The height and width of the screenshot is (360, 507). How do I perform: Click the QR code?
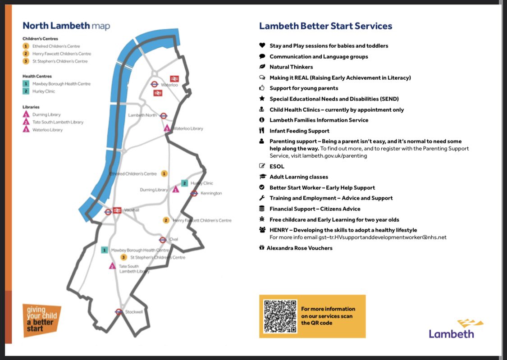coord(280,316)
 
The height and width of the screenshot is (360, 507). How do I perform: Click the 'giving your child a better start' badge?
coord(41,320)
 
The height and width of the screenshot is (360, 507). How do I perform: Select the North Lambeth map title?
coord(66,26)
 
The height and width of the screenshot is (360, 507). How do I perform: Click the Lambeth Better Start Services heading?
coord(325,26)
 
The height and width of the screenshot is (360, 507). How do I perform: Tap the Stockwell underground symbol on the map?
coord(119,311)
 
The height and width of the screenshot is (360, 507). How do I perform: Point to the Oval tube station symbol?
coord(163,240)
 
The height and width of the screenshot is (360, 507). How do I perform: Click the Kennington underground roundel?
coord(194,193)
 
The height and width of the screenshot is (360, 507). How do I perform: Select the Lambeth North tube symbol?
coord(164,115)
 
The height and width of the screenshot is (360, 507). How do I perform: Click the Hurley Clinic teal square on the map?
coord(184,183)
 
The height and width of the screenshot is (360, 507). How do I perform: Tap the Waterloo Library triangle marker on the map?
coord(167,128)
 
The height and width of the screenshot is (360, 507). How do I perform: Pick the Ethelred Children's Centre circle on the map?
coord(164,173)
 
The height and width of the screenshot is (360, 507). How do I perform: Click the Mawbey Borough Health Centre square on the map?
coord(105,250)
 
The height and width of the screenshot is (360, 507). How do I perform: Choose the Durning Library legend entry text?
coord(46,115)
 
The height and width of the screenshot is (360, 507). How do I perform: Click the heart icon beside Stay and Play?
coord(262,46)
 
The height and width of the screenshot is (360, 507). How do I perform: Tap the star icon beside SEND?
coord(262,99)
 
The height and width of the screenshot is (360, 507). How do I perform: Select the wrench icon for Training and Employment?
coord(262,198)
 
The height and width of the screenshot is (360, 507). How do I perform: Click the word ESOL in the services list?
coord(277,166)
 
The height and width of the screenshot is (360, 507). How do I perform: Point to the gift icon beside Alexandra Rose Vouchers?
coord(261,247)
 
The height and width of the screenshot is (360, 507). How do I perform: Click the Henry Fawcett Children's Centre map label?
coord(202,220)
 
